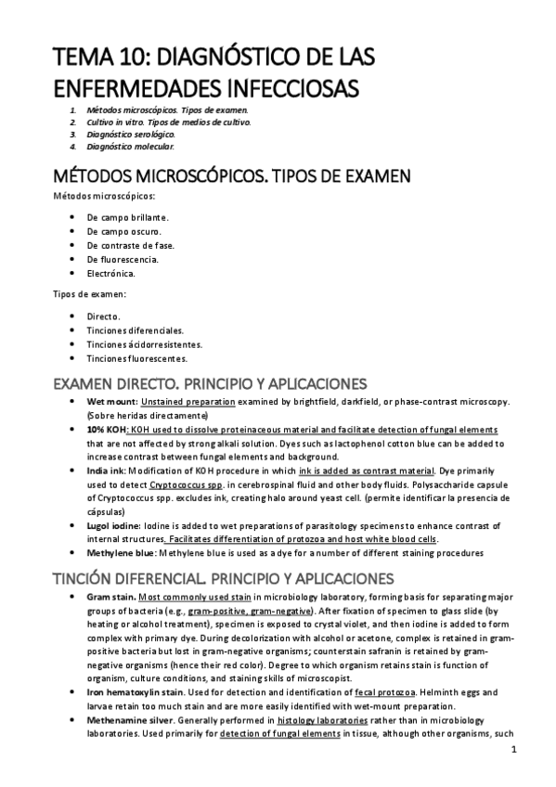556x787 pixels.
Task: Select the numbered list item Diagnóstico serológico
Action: [x=130, y=134]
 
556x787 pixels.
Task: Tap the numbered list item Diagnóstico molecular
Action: [x=129, y=146]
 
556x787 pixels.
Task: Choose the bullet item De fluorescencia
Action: [x=122, y=259]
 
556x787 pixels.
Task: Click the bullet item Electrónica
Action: [x=110, y=274]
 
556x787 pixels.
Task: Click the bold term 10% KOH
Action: [x=107, y=431]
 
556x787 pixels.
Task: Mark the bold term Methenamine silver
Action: [x=129, y=720]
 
